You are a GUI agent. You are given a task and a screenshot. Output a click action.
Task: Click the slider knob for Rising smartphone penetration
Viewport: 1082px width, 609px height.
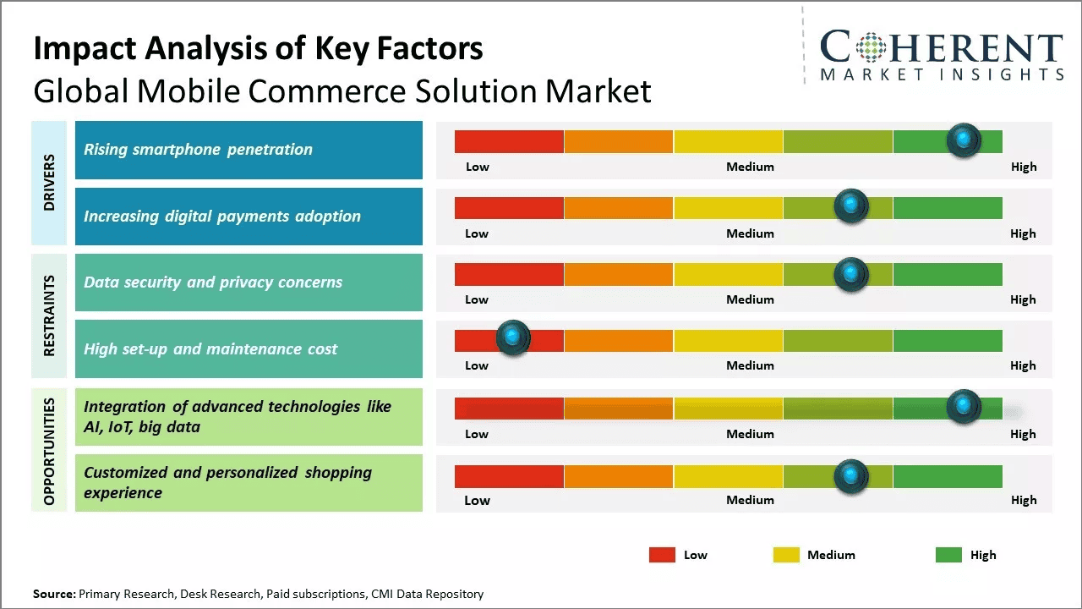[x=964, y=140]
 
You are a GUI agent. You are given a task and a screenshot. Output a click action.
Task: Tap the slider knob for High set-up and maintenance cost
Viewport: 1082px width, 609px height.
[x=512, y=337]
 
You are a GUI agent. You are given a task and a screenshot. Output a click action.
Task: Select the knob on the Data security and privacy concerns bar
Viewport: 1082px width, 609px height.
[x=850, y=274]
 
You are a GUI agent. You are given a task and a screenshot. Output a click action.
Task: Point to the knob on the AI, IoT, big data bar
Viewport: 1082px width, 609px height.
[x=964, y=407]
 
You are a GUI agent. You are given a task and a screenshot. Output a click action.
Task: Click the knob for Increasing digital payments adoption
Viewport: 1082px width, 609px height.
[x=850, y=206]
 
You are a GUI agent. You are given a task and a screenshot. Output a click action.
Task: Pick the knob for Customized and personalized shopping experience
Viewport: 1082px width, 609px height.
[x=850, y=476]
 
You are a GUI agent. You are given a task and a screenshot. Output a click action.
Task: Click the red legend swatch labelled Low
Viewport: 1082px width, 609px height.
[x=662, y=555]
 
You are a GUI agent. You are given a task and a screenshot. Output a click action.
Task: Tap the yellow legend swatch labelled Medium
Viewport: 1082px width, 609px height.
[x=786, y=555]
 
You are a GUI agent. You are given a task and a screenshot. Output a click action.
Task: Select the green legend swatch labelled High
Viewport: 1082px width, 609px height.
[x=948, y=555]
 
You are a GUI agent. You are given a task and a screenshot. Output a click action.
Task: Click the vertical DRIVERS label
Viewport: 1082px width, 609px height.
[x=49, y=183]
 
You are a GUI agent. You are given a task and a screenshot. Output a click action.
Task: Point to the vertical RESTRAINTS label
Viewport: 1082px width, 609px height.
[x=49, y=315]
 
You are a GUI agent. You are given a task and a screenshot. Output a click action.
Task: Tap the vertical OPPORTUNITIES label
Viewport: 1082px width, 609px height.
[x=49, y=451]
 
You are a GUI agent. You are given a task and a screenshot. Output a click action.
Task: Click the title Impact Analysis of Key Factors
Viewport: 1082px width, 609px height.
[x=258, y=49]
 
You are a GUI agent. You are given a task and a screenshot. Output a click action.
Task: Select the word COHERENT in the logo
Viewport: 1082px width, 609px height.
[x=941, y=48]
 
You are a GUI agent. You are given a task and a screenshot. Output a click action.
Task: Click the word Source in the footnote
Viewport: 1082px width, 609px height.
[x=53, y=594]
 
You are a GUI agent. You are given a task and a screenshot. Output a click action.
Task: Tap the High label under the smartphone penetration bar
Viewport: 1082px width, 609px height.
[x=1023, y=167]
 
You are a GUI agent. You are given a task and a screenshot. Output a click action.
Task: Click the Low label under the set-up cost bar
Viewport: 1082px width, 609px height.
[x=477, y=365]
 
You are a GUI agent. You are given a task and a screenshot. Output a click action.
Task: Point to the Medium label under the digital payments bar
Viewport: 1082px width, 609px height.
[x=750, y=233]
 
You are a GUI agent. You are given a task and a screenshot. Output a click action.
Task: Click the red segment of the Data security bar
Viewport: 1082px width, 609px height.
[x=509, y=274]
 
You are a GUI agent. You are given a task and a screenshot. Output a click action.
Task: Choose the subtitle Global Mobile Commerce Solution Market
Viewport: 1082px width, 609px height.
[x=342, y=91]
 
